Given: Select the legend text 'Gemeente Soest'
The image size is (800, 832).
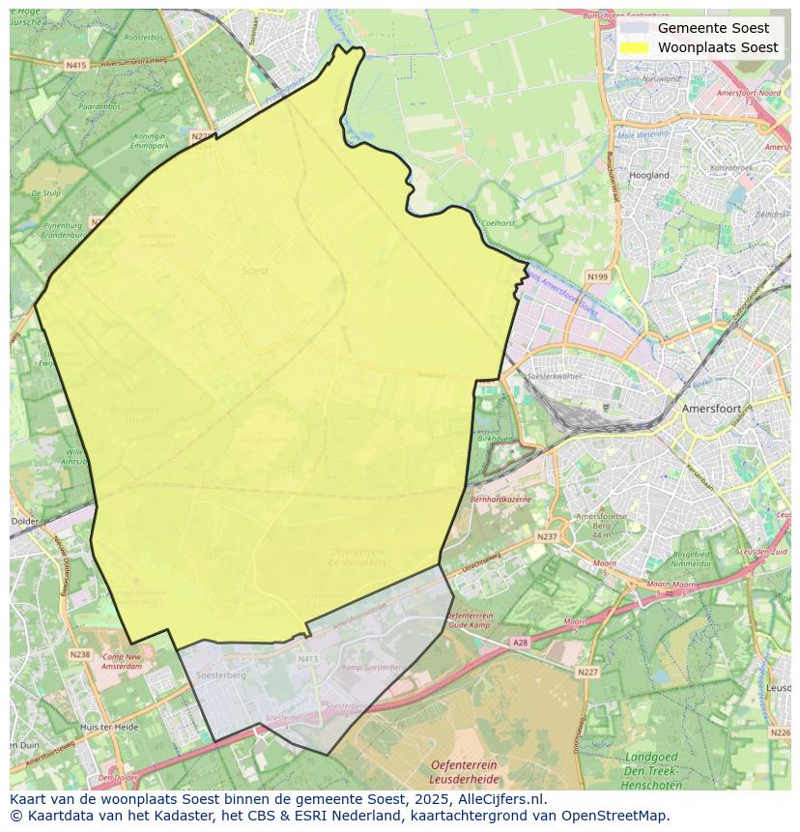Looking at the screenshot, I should point(713,28).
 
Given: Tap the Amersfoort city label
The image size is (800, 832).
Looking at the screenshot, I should point(710,409).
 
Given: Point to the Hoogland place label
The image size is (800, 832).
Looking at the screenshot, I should point(649,175).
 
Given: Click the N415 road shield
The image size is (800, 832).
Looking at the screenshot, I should point(76,65).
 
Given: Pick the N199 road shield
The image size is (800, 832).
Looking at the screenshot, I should point(597,277).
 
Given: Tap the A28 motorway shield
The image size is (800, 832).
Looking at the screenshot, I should point(521,642).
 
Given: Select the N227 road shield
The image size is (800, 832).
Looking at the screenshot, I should point(587,672).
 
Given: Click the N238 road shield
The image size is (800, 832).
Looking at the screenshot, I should point(79,654).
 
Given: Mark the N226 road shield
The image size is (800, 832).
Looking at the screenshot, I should point(781,732).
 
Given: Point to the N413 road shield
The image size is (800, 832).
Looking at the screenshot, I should point(307,659).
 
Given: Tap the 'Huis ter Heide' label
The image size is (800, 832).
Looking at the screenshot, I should point(109,727).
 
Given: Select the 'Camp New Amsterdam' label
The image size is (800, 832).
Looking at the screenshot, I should point(122,662).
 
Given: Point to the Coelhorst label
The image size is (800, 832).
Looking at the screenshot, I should point(499,223).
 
